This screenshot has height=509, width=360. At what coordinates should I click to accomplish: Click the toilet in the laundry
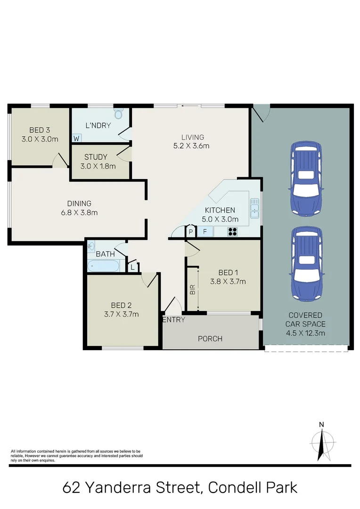(118, 114)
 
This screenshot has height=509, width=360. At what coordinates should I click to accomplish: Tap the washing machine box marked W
(76, 138)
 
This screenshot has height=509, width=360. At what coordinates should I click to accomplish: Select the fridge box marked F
(205, 231)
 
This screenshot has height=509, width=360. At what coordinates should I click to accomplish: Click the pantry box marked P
(191, 231)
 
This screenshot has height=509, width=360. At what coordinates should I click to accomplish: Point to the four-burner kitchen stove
(233, 231)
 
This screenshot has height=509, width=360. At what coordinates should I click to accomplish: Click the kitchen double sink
(255, 209)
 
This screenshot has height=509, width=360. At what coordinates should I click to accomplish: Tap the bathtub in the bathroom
(103, 266)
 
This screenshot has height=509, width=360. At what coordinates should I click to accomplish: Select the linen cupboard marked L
(132, 267)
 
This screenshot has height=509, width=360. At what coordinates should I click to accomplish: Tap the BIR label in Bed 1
(192, 289)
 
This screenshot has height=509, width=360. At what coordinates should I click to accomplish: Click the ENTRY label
(173, 320)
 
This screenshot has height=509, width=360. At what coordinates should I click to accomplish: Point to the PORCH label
(210, 338)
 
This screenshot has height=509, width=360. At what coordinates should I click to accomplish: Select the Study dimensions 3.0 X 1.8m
(100, 166)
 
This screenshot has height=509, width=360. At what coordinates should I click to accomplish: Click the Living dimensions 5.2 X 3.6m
(191, 146)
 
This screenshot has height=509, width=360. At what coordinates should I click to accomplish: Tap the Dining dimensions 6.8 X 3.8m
(79, 213)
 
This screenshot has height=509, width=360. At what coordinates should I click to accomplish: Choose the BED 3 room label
(40, 130)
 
